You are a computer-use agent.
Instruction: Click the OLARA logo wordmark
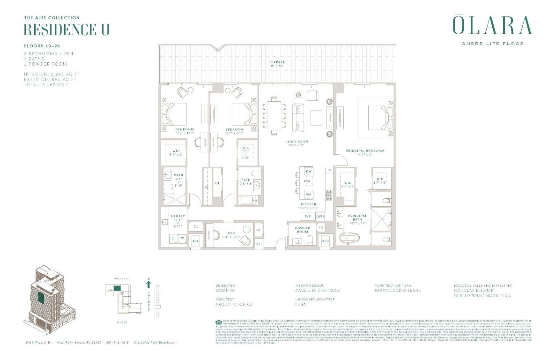[x=492, y=25]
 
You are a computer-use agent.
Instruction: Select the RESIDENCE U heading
[x=67, y=29]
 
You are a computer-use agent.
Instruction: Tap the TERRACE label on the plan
[x=277, y=62]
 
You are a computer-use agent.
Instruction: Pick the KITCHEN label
[x=309, y=204]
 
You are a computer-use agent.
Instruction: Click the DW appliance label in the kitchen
[x=309, y=172]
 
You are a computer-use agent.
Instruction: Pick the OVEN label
[x=320, y=216]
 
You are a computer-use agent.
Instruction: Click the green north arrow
[x=148, y=284]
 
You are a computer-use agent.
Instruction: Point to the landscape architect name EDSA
[x=301, y=304]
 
